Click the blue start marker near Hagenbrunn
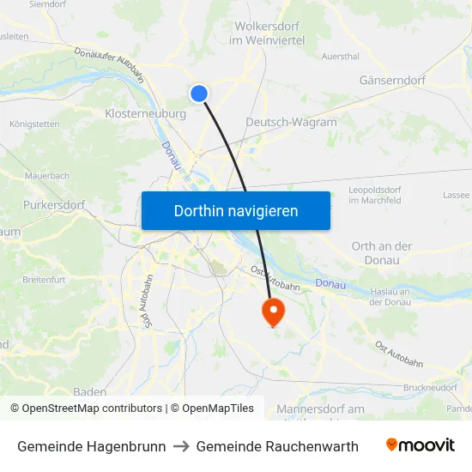[199, 94]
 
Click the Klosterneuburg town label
[145, 113]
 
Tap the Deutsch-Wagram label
[291, 122]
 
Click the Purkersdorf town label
[53, 205]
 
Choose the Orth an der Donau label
[382, 252]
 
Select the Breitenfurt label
[45, 280]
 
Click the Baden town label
[89, 391]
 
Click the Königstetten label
[34, 124]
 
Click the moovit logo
[420, 445]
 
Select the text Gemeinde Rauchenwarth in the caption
[277, 446]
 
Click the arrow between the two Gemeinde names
[181, 446]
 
